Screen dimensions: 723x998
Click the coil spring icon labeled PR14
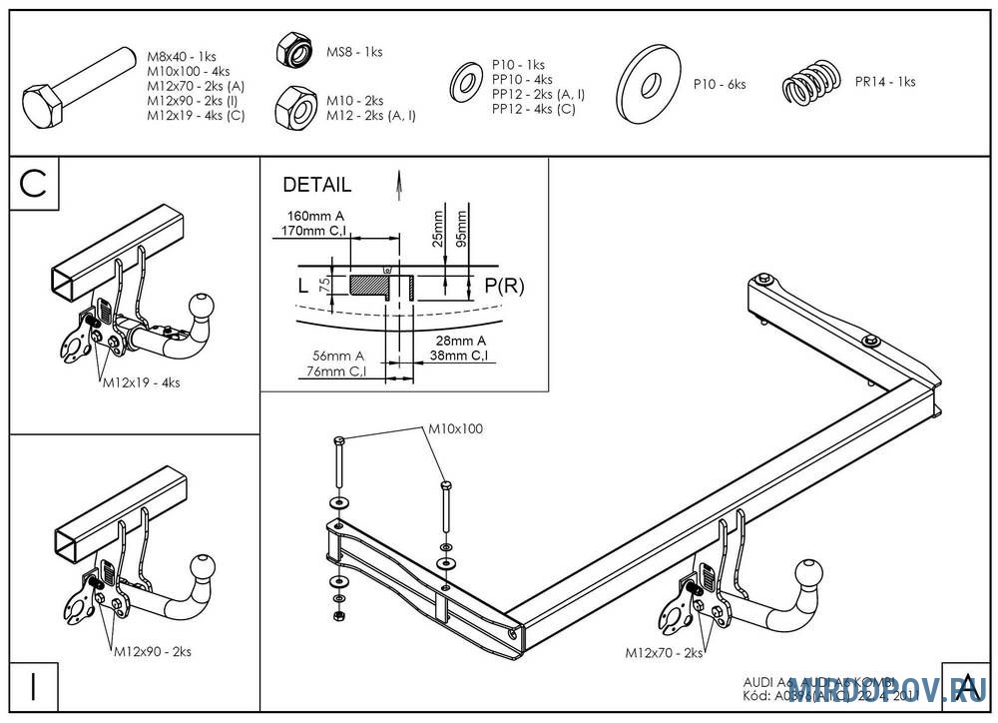(810, 82)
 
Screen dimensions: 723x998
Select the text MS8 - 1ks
(354, 52)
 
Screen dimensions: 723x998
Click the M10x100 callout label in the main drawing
(455, 428)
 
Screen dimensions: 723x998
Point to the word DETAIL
(316, 185)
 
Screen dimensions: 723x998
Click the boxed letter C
(34, 185)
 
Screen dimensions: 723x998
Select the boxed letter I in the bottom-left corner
(34, 687)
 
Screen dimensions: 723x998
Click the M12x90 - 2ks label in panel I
(151, 651)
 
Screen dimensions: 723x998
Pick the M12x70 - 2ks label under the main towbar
(664, 653)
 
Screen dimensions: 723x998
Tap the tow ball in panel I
(204, 567)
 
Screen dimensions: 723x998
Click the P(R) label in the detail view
(504, 286)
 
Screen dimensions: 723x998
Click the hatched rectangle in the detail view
(367, 285)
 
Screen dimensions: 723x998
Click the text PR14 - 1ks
(884, 82)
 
